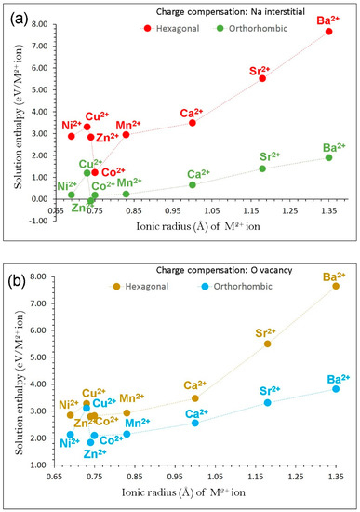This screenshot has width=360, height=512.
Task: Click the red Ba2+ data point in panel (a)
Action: click(328, 32)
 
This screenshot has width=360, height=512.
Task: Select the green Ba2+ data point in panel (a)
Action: click(328, 157)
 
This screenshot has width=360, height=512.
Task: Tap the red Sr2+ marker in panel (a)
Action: click(262, 78)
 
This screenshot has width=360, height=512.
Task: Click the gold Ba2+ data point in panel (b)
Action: click(336, 286)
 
